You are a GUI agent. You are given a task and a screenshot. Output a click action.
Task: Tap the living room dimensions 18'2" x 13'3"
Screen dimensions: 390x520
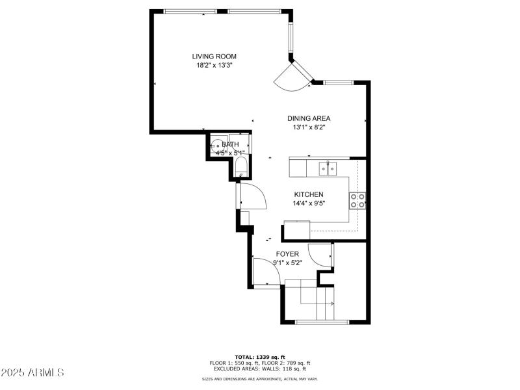coord(214,66)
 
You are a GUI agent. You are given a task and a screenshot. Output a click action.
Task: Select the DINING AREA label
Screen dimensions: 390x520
coord(309,118)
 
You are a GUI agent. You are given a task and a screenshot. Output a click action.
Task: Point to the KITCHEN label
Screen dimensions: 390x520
coord(309,194)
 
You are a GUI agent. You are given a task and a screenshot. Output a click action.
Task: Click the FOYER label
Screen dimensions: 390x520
coord(287,253)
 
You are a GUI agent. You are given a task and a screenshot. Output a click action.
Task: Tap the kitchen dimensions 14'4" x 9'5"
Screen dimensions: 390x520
coord(309,203)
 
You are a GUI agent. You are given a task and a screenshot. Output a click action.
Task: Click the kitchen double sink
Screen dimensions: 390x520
coord(328,169)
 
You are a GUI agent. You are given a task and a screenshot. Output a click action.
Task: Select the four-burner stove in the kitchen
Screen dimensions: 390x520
coord(357,200)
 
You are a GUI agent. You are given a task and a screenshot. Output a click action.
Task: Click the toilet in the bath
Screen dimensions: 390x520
coord(240,166)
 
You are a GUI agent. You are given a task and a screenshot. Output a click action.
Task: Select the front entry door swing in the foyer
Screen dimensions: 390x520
coord(266,272)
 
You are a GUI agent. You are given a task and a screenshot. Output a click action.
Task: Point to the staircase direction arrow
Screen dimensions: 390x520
coord(333,304)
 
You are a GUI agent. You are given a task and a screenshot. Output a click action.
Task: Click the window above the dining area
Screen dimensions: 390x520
coord(338,83)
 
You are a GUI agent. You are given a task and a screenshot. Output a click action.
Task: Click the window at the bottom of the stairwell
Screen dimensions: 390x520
coord(322,322)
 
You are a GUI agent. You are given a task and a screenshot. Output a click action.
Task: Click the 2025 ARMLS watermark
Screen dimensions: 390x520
coord(32,372)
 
